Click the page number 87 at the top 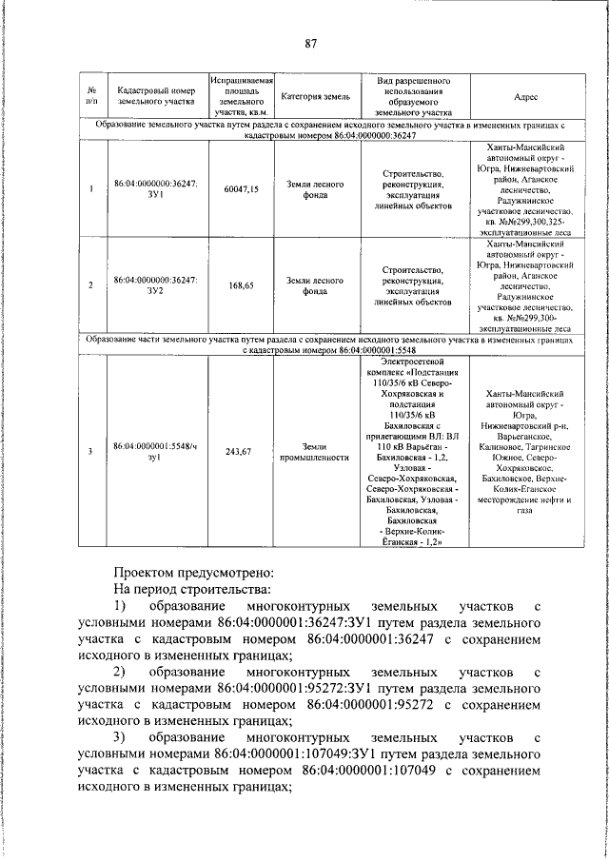(310, 43)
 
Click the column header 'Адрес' (526, 97)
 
